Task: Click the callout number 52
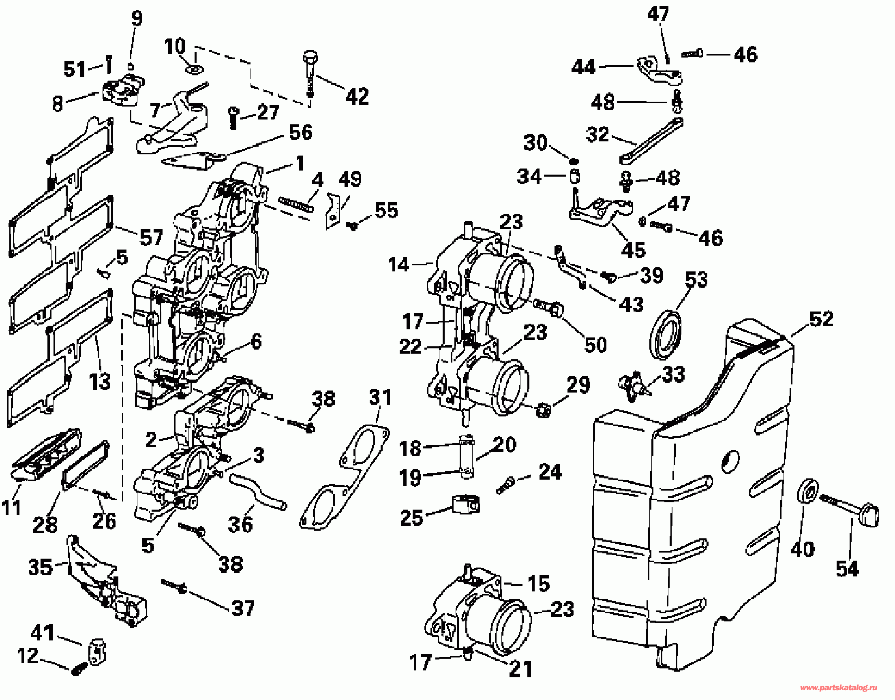(x=822, y=319)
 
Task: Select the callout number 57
(x=151, y=238)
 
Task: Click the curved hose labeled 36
(x=258, y=492)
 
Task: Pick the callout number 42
(x=357, y=97)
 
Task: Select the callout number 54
(x=847, y=569)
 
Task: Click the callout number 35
(x=40, y=567)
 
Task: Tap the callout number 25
(x=411, y=518)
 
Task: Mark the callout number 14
(x=398, y=265)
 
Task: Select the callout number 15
(x=538, y=584)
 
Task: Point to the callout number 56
(x=300, y=132)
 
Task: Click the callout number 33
(x=674, y=375)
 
